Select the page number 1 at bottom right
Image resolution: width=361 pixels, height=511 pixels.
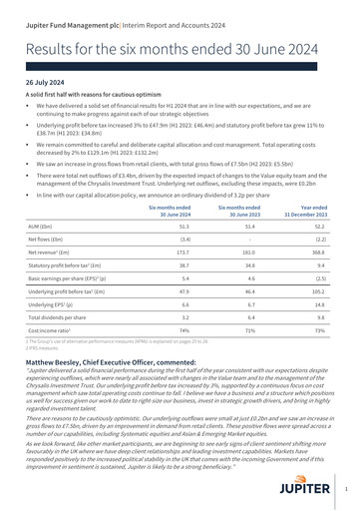pyautogui.click(x=345, y=491)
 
